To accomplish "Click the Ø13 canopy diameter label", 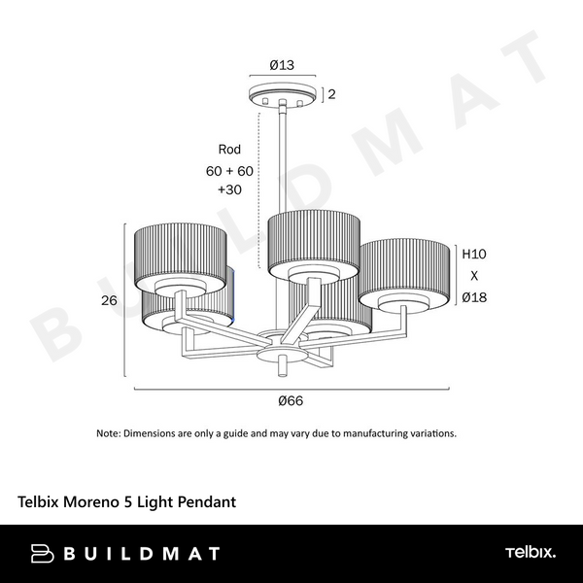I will point(284,66).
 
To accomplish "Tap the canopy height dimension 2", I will point(331,94).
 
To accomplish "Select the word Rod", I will point(229,150).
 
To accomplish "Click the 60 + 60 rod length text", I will point(229,170).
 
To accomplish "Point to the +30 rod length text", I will point(229,190).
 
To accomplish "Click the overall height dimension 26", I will point(110,300).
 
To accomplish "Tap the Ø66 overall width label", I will point(290,400).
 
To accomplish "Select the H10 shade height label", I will point(473,255).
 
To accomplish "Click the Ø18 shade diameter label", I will point(473,297).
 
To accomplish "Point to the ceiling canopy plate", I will point(284,96).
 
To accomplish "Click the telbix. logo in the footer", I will point(530,553).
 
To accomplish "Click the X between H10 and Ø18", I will point(473,276).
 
